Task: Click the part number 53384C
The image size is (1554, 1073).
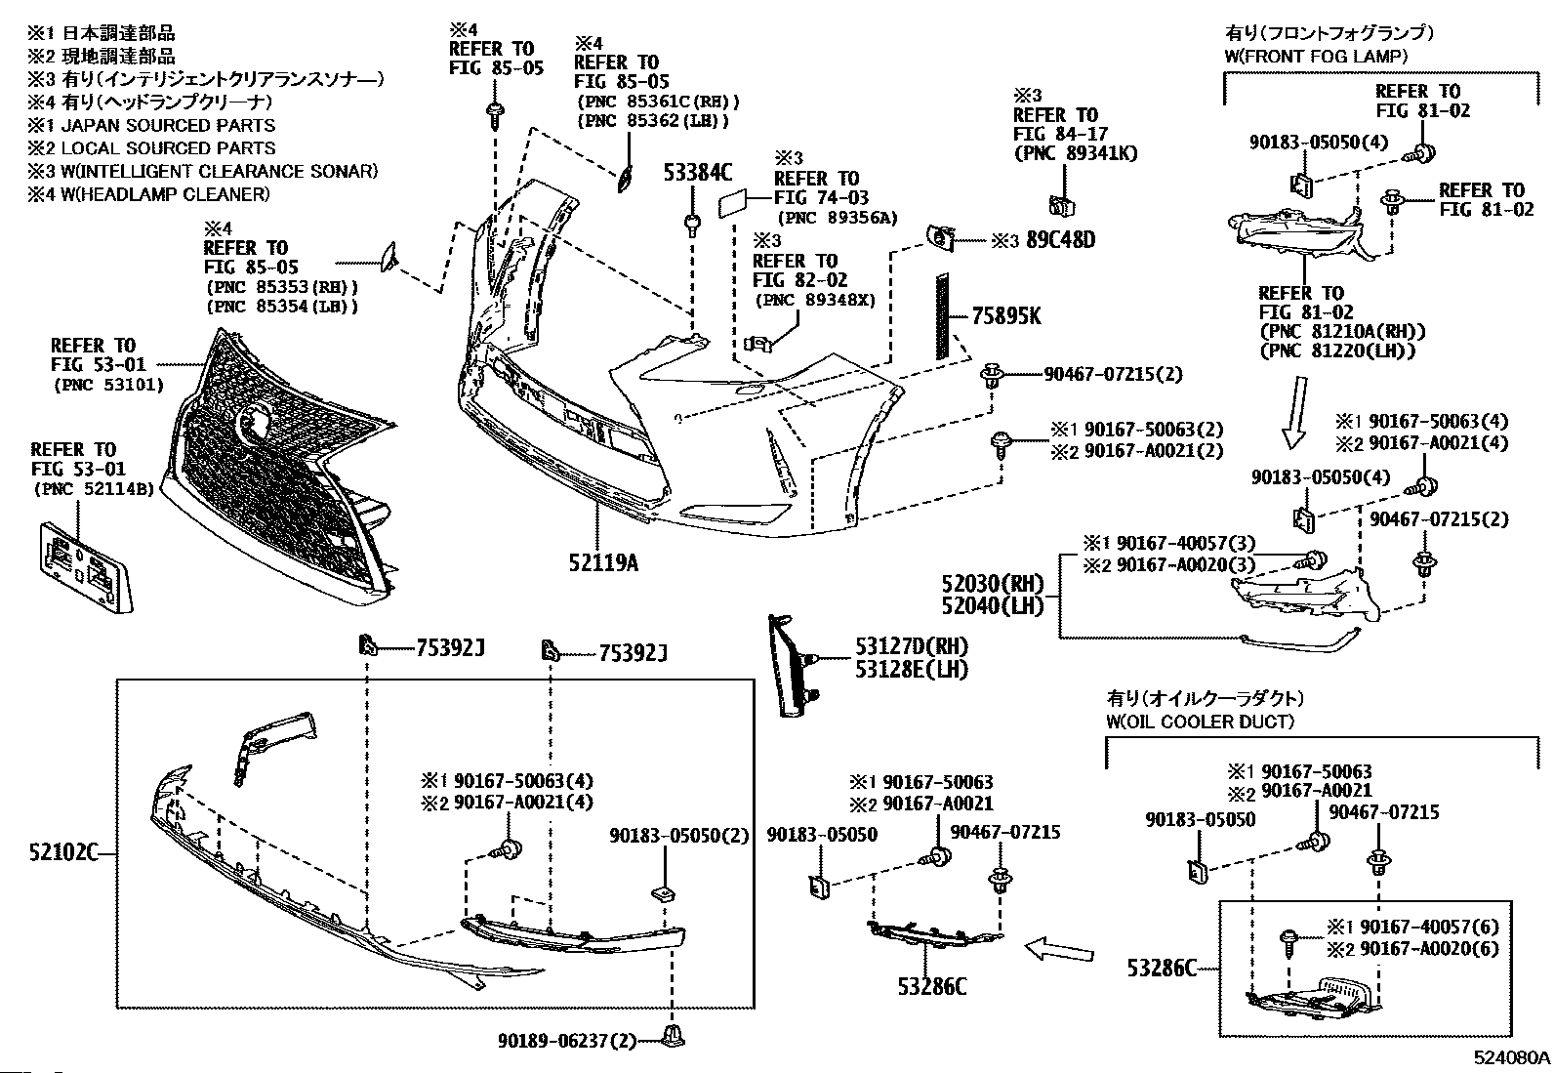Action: (697, 172)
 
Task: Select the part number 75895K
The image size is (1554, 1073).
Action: (1006, 316)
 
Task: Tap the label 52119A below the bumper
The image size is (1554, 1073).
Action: (603, 562)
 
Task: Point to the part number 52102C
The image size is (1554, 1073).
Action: (63, 851)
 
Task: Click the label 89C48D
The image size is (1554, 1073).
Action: (1060, 240)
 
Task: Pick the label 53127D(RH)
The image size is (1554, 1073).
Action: (911, 646)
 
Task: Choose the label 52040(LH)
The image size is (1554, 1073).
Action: (993, 606)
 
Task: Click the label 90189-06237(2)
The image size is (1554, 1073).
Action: (567, 1041)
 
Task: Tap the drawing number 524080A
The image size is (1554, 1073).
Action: (1511, 1057)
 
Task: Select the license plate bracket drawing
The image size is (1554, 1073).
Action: (86, 567)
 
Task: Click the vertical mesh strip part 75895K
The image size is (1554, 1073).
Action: (942, 316)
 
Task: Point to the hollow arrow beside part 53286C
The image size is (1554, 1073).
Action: (1059, 949)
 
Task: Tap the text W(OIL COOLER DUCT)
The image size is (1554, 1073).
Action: (1200, 722)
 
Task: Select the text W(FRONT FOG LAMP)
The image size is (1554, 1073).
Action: (1316, 57)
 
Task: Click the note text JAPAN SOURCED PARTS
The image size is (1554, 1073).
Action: (168, 126)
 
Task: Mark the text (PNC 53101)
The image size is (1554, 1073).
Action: (108, 385)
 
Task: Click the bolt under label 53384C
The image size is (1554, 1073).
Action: (692, 226)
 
